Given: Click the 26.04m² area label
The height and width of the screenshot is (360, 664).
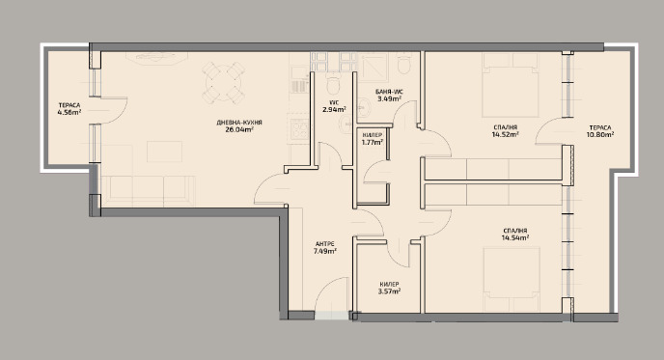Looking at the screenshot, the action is coord(239,129).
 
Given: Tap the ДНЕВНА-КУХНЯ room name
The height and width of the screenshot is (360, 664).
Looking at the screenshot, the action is coord(239,123).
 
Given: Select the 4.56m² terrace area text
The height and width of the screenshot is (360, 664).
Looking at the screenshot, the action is coord(69,112).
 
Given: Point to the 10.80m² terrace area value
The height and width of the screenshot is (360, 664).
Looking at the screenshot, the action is coord(600,135).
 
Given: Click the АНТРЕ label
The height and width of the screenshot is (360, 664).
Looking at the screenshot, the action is coord(325,244).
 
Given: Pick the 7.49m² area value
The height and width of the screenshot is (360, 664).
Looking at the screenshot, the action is coord(325,251).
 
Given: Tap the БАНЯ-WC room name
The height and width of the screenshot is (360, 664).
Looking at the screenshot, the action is coord(389,92).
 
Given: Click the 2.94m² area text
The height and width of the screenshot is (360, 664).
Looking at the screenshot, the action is coord(334,109).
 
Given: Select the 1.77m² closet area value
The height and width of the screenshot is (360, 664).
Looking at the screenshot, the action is coord(373,142).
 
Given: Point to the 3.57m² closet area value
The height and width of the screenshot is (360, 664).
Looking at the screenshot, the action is coord(389,291).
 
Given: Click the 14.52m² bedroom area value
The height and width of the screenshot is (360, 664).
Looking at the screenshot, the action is coord(505,135).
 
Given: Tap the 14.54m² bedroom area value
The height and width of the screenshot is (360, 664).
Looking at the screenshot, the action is coord(515,238).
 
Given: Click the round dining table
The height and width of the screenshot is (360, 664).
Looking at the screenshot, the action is coord(223,82).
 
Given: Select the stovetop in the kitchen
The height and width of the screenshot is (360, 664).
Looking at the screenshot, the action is coord(300,129).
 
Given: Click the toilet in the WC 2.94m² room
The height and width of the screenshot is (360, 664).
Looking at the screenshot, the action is coord(334,85).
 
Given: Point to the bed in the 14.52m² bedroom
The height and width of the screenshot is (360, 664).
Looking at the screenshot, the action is coord(511,85).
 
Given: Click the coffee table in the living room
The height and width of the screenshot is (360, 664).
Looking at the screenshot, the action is coord(164,152).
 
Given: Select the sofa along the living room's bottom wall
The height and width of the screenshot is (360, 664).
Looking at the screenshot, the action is coord(148,191).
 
